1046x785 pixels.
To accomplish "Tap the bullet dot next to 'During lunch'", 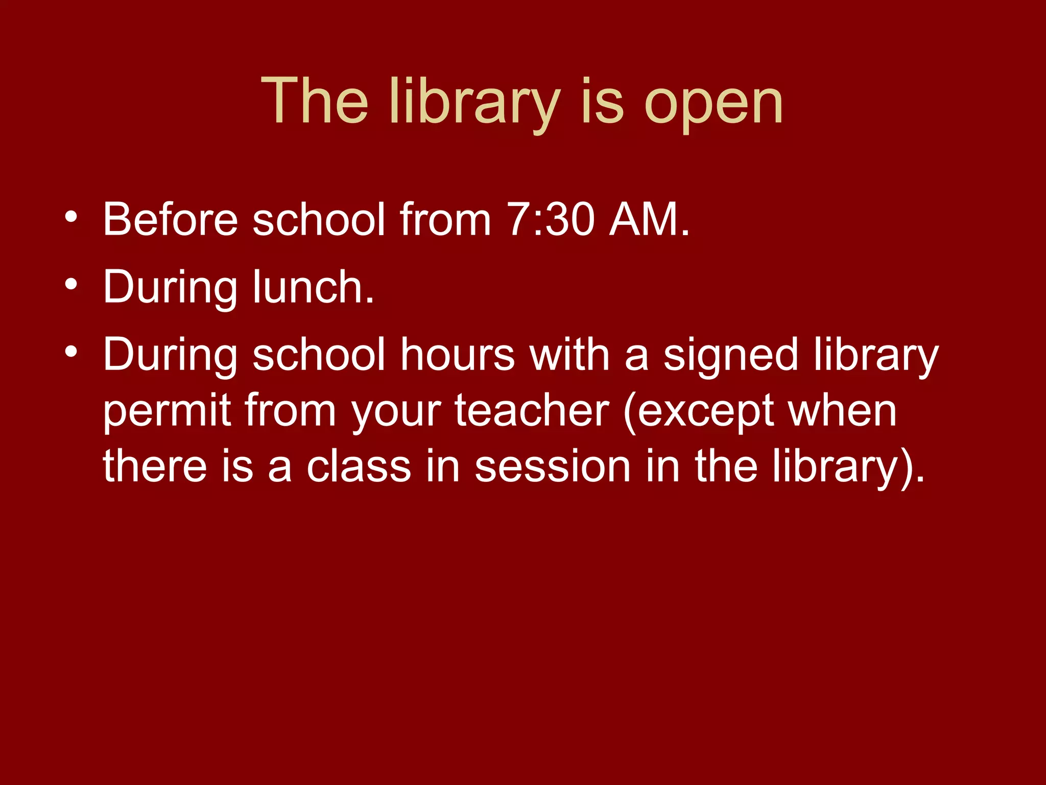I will pos(71,283).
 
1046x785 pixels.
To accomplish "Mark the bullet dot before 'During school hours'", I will pos(71,351).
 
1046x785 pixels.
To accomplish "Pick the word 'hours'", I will pos(458,354).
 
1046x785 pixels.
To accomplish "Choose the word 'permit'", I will pos(167,411).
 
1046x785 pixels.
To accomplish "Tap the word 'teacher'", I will pos(532,410).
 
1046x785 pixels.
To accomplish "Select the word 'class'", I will pos(359,466).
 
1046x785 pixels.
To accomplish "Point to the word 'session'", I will pos(553,466).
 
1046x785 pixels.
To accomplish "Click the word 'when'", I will pos(842,410).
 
